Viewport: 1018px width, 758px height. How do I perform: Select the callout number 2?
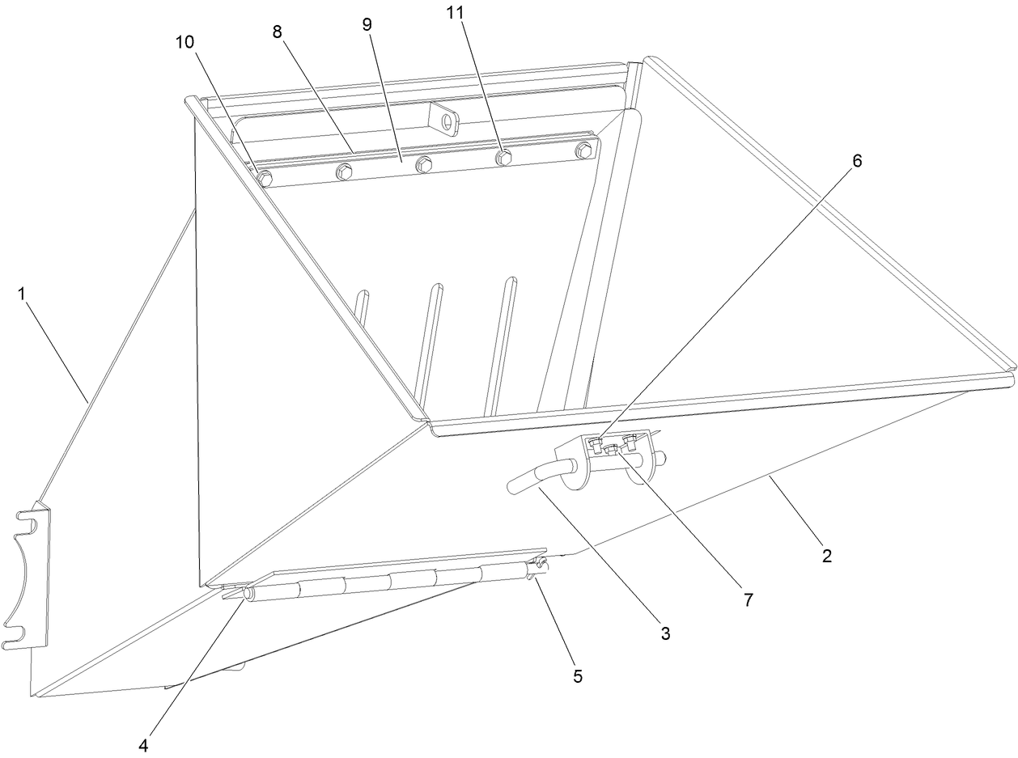pos(826,556)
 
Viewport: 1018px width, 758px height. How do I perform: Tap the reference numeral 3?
pos(664,634)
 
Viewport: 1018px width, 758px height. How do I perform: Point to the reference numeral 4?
pos(142,744)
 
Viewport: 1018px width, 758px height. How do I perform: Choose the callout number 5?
pos(577,676)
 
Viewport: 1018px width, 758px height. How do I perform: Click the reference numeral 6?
pos(857,161)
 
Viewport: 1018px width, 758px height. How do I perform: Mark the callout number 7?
pos(749,599)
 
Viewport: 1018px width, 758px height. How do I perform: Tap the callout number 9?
pos(367,24)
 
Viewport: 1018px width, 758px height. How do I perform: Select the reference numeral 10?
pos(186,42)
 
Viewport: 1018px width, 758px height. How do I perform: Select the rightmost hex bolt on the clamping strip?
pos(583,150)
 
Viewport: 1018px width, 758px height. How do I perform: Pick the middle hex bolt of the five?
pos(423,165)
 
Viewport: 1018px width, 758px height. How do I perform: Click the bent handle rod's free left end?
pos(511,486)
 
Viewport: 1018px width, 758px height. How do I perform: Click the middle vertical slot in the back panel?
pos(430,340)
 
